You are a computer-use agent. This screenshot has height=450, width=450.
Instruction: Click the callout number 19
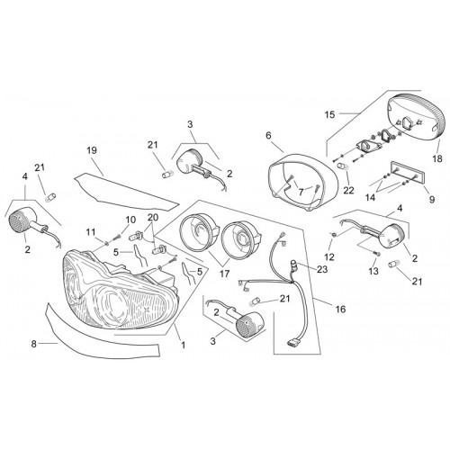(x=92, y=150)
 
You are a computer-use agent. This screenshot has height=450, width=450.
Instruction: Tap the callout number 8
(x=33, y=344)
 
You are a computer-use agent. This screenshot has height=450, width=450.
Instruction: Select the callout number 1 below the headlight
(x=184, y=345)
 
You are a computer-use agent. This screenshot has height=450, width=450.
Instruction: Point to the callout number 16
(x=340, y=309)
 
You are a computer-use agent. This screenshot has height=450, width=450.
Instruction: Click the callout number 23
(x=322, y=269)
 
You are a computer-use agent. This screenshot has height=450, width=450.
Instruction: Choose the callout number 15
(x=329, y=114)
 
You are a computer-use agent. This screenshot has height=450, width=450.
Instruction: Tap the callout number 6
(x=268, y=135)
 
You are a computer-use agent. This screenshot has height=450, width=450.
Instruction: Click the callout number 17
(x=225, y=274)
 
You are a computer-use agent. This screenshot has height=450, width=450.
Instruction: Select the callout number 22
(x=348, y=190)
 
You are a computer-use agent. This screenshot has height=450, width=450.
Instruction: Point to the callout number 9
(x=432, y=199)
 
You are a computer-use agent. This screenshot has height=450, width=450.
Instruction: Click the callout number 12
(x=329, y=256)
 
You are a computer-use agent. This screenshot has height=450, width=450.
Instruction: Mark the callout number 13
(x=373, y=271)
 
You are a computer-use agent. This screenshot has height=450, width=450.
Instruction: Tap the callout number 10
(x=130, y=220)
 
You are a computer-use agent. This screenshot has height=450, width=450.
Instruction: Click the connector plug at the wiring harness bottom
(x=294, y=342)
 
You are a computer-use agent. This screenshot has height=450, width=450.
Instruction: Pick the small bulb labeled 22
(x=342, y=166)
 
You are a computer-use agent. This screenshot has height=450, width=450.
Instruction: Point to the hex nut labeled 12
(x=333, y=234)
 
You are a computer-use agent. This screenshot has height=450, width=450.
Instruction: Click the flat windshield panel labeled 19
(x=126, y=190)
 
